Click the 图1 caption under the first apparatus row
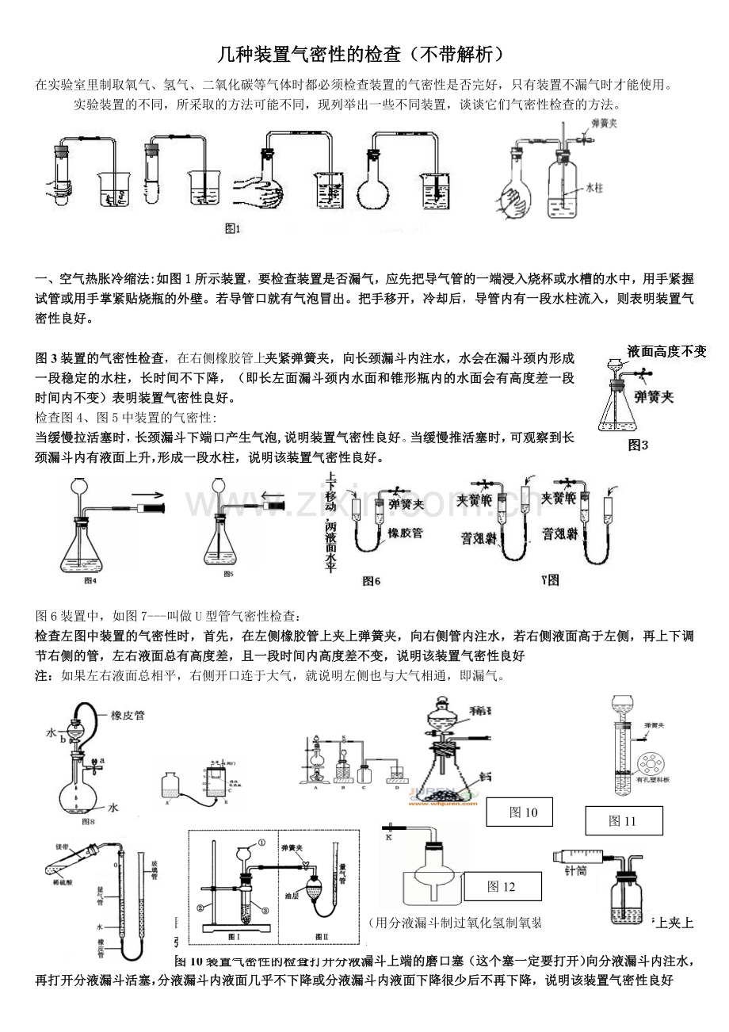[232, 229]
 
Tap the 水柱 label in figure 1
[594, 188]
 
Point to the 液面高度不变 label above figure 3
[666, 351]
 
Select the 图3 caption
[638, 445]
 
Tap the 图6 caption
[372, 581]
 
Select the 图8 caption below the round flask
[88, 821]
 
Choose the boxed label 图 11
[623, 821]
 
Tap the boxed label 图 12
[502, 886]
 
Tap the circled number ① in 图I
[261, 843]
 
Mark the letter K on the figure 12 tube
[389, 835]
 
